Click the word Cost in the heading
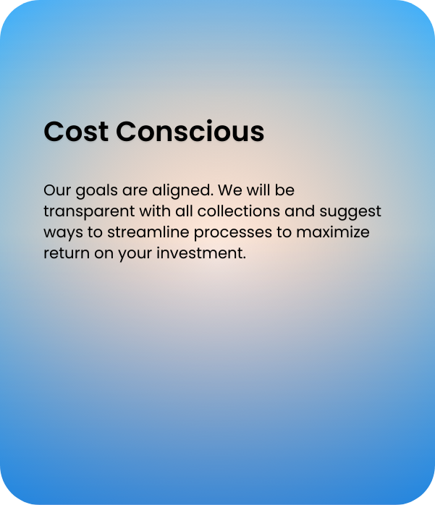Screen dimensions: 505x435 click(76, 132)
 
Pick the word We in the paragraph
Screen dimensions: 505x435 click(230, 190)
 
